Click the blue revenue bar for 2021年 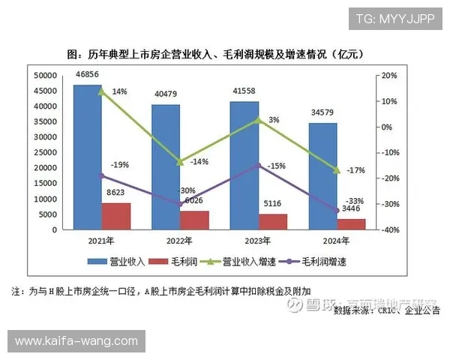tap(87, 157)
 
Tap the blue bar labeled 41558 tap(244, 165)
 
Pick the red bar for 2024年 tap(351, 224)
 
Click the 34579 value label tap(322, 113)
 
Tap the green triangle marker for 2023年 tap(259, 119)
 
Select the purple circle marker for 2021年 tap(102, 176)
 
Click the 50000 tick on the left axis tap(46, 76)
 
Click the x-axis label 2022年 tap(179, 241)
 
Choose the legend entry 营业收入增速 tap(244, 261)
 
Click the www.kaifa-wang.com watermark tap(76, 341)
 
